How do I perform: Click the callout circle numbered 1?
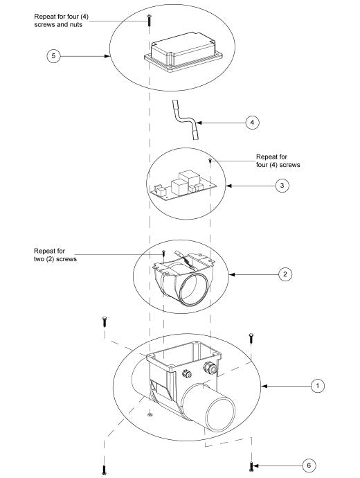coord(316,384)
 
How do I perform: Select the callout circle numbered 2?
coord(285,274)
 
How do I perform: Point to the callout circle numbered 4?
coord(252,122)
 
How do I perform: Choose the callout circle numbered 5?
coord(53,56)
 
